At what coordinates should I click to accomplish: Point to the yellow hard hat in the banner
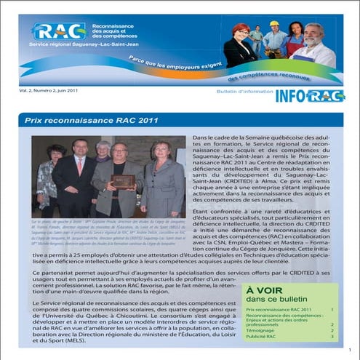click(274, 24)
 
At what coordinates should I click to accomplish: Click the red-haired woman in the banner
click(240, 44)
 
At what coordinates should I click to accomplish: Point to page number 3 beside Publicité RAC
click(332, 337)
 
